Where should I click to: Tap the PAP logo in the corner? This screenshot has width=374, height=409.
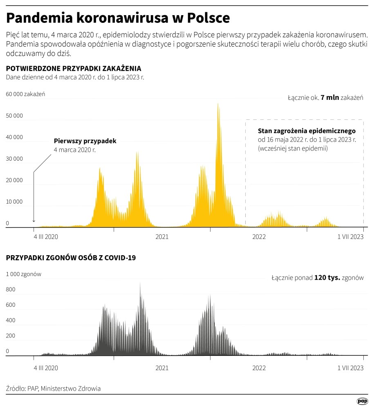(362, 402)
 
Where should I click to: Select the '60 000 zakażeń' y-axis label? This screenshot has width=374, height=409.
(25, 94)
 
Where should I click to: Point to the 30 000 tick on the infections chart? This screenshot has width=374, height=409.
(14, 159)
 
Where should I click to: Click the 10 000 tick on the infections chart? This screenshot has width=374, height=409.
(14, 202)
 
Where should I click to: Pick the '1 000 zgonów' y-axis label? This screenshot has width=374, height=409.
(23, 274)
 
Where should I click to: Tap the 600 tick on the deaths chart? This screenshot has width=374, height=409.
(11, 305)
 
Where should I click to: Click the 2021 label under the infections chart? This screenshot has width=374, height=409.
(162, 237)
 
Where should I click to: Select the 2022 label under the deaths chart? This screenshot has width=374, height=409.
(259, 368)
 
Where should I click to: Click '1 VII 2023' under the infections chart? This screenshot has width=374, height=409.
(350, 237)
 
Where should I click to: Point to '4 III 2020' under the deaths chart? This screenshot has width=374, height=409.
(46, 368)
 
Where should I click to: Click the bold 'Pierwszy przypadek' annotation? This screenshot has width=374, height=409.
(85, 141)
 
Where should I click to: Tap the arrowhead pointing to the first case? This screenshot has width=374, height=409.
(34, 221)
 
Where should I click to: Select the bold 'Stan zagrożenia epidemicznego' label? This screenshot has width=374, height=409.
(307, 131)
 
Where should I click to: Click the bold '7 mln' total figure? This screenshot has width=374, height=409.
(330, 98)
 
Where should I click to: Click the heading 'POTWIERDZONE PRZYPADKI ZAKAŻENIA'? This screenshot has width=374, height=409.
(74, 68)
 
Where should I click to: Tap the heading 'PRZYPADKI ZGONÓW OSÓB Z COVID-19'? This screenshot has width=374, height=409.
(71, 258)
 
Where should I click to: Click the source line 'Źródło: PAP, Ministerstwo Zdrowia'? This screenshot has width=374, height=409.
(54, 389)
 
